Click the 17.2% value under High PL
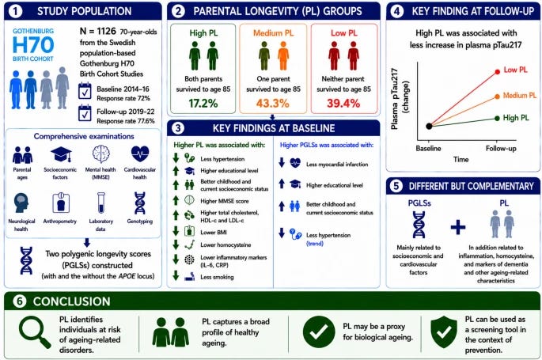203,104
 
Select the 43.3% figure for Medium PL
273,104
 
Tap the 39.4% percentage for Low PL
343,104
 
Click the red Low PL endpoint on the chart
498,72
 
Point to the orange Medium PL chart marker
497,97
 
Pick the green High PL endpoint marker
497,118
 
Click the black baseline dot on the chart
429,126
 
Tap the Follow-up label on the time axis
501,149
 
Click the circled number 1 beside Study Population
15,11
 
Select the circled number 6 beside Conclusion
19,301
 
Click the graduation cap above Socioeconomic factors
61,154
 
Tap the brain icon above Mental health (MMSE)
101,153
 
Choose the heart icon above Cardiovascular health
140,153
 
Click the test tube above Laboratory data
101,203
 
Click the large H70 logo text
33,45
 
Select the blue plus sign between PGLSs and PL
458,227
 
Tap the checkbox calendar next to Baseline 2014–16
85,91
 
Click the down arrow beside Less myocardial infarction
282,162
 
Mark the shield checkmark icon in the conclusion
444,332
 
